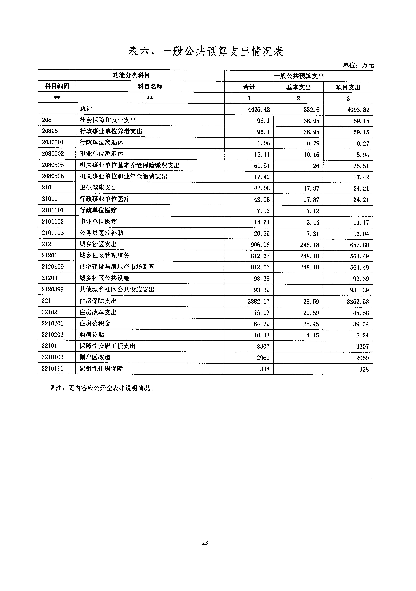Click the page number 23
[x=205, y=543]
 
